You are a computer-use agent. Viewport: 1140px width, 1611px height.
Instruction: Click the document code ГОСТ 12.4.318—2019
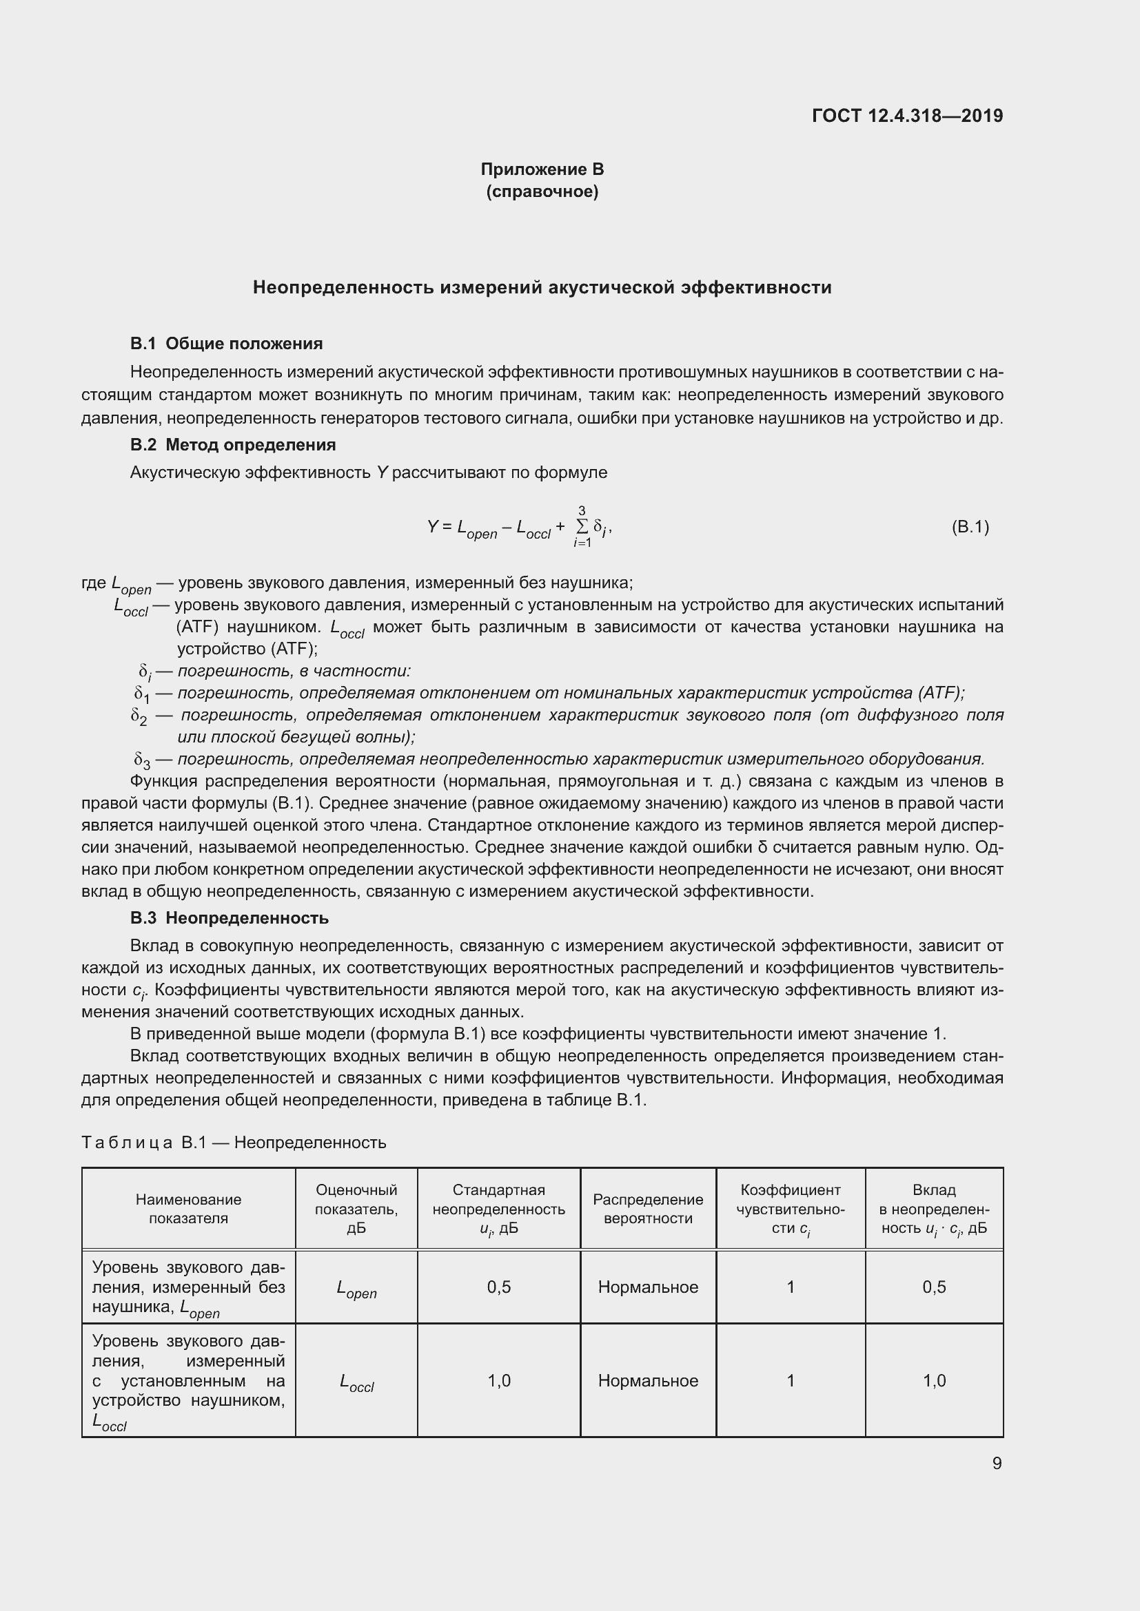(x=907, y=116)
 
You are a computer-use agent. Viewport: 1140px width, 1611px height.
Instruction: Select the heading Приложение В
(x=542, y=169)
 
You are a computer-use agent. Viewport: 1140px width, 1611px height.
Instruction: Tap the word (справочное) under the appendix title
(x=542, y=191)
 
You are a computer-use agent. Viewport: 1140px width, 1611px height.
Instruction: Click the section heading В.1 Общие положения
(x=226, y=344)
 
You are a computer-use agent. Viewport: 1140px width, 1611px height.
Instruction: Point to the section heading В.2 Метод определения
(x=233, y=445)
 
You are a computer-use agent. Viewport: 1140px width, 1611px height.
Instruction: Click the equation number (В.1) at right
(x=970, y=527)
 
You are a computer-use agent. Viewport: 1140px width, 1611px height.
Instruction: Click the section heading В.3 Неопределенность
(x=229, y=917)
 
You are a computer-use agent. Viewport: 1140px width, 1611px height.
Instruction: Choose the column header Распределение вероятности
(x=648, y=1209)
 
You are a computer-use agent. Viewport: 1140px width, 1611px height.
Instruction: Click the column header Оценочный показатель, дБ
(x=356, y=1209)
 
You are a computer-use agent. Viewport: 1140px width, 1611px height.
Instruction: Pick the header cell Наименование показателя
(x=188, y=1209)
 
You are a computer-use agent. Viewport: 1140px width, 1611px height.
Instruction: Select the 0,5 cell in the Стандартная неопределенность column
(x=499, y=1287)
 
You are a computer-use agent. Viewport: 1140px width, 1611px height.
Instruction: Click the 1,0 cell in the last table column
(x=935, y=1381)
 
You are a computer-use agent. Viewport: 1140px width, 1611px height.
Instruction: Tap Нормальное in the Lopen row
(x=648, y=1287)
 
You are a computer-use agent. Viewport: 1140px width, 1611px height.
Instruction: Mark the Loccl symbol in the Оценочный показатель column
(x=356, y=1382)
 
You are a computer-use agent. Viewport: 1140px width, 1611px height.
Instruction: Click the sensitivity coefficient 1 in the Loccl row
(x=791, y=1381)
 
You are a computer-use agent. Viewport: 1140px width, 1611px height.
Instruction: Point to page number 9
(x=997, y=1464)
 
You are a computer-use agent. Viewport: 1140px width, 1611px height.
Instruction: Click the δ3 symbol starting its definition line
(x=142, y=760)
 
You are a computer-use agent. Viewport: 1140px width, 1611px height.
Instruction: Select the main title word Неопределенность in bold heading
(x=343, y=288)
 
